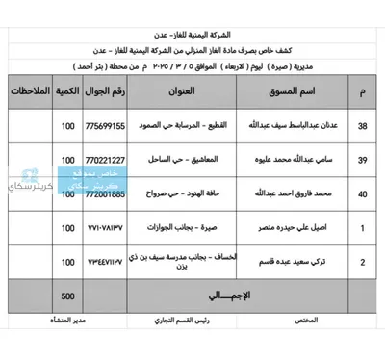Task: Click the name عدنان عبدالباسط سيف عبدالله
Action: click(285, 126)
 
